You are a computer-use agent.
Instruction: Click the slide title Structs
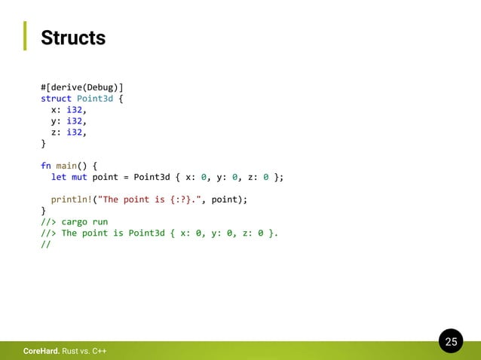pyautogui.click(x=73, y=38)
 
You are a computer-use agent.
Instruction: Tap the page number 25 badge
pyautogui.click(x=451, y=342)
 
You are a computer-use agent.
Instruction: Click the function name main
pyautogui.click(x=66, y=166)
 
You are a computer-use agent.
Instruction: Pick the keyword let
pyautogui.click(x=59, y=177)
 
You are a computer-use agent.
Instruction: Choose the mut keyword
pyautogui.click(x=79, y=177)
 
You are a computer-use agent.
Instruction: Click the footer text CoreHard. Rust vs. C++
pyautogui.click(x=64, y=352)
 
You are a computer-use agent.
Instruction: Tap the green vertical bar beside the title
pyautogui.click(x=24, y=36)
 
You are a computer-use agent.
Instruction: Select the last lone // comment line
pyautogui.click(x=45, y=244)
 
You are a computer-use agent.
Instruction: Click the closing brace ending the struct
pyautogui.click(x=43, y=143)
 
